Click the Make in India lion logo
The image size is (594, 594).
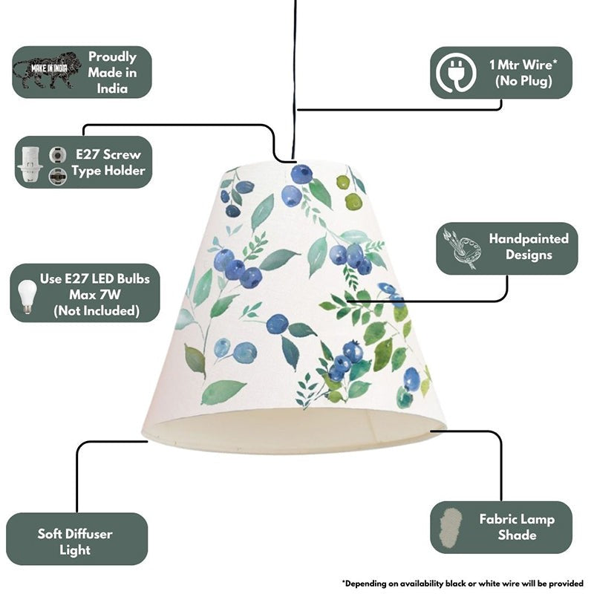(x=47, y=71)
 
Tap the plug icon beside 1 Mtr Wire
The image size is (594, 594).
(x=456, y=72)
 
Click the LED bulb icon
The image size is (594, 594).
(x=27, y=296)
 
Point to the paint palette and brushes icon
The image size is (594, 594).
(x=462, y=248)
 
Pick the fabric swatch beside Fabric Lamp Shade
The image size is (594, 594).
(x=450, y=527)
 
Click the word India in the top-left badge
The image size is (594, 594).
(x=112, y=88)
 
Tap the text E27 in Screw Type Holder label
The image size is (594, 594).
(x=88, y=154)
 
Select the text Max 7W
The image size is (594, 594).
(x=95, y=295)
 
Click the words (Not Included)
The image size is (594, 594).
(x=97, y=311)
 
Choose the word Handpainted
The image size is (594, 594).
(x=529, y=238)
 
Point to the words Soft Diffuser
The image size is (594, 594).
(x=75, y=534)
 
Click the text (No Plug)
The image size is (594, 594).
(x=523, y=81)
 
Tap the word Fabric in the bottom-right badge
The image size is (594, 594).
(x=496, y=519)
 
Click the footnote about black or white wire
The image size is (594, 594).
(x=463, y=583)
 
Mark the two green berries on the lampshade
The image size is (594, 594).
(x=349, y=192)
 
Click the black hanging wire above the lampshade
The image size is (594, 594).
(x=294, y=79)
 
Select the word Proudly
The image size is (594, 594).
(x=112, y=57)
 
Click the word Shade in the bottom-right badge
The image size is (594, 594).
(x=517, y=535)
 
